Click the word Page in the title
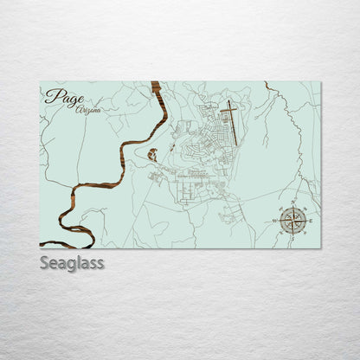pos(60,98)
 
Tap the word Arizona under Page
pos(87,111)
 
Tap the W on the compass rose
pos(277,221)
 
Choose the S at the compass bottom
pos(292,235)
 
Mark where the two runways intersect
pos(229,112)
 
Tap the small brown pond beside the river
pos(152,155)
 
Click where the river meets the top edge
pos(165,83)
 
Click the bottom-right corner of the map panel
pos(320,247)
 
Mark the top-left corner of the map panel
pos(40,82)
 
